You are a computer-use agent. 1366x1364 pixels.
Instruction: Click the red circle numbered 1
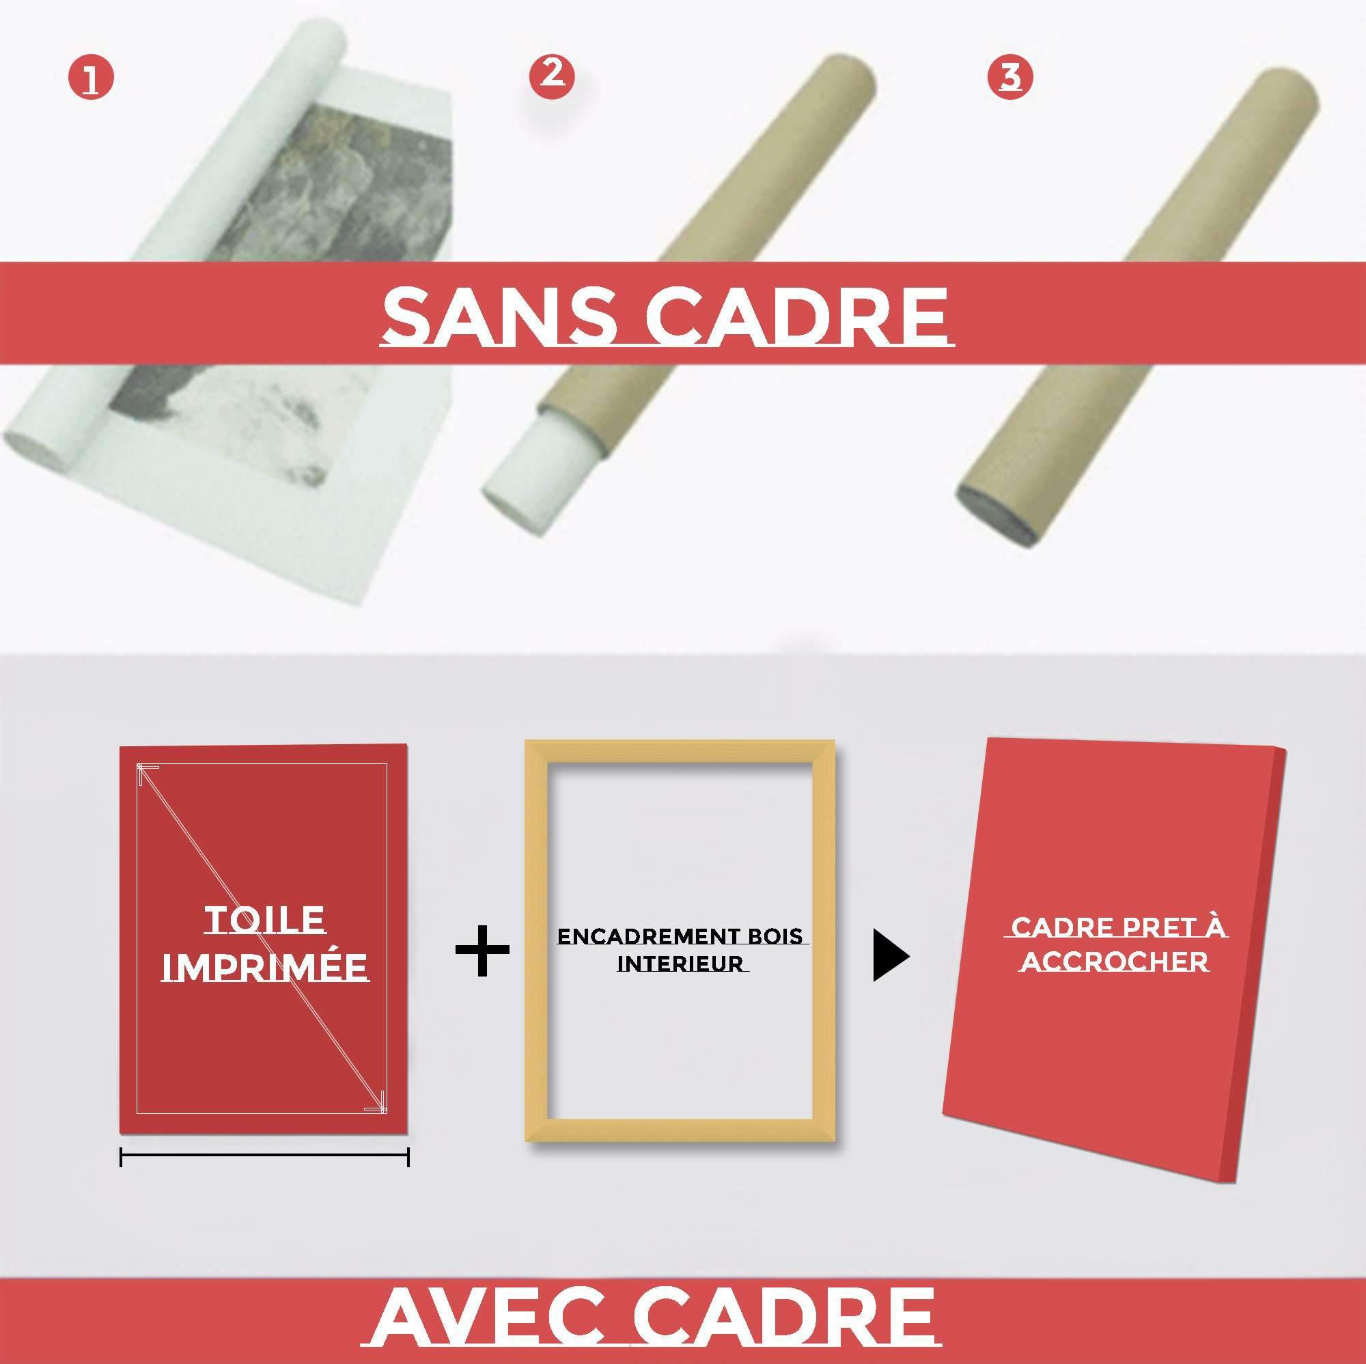coord(91,79)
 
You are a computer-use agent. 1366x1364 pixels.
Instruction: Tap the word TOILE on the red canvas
coord(265,920)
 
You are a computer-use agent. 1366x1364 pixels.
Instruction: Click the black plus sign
coord(482,949)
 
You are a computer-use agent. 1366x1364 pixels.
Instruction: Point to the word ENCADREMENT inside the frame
coord(643,937)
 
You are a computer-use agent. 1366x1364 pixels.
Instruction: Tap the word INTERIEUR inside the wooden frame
coord(680,964)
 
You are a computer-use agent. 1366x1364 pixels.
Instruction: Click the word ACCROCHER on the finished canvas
coord(1117,961)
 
